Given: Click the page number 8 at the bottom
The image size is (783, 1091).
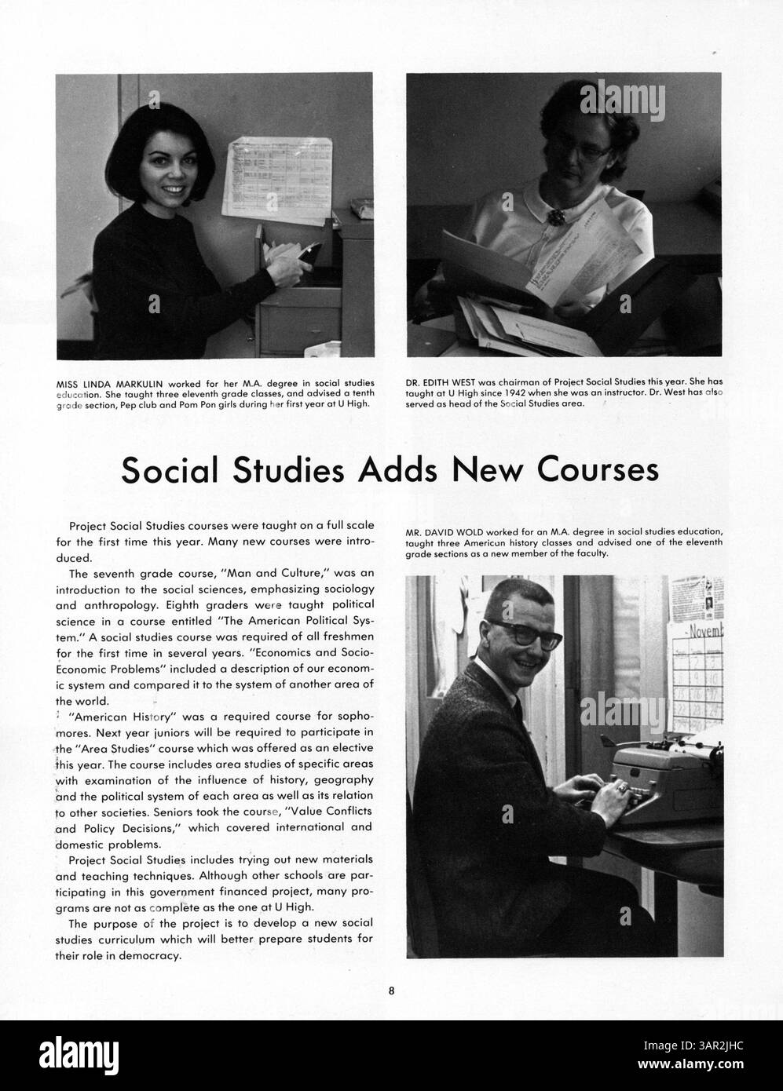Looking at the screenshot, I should coord(391,990).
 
